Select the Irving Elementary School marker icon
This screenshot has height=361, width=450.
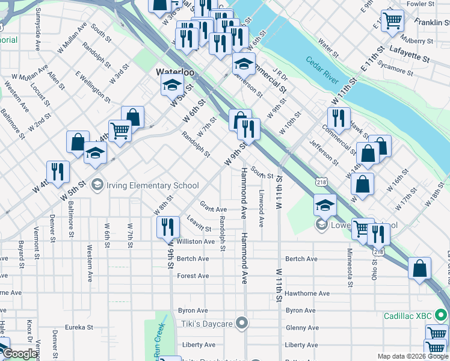97,185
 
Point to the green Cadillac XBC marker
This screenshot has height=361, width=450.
442,315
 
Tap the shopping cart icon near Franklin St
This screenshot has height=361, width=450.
392,20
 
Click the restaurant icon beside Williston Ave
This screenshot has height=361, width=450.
168,227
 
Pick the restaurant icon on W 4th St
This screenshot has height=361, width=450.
58,171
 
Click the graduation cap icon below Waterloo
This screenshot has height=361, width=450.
172,85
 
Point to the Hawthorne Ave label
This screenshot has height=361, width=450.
307,294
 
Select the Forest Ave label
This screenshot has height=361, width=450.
193,276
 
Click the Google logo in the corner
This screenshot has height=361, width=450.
20,354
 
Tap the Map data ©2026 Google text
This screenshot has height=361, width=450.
412,356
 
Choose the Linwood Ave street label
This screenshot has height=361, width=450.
261,209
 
